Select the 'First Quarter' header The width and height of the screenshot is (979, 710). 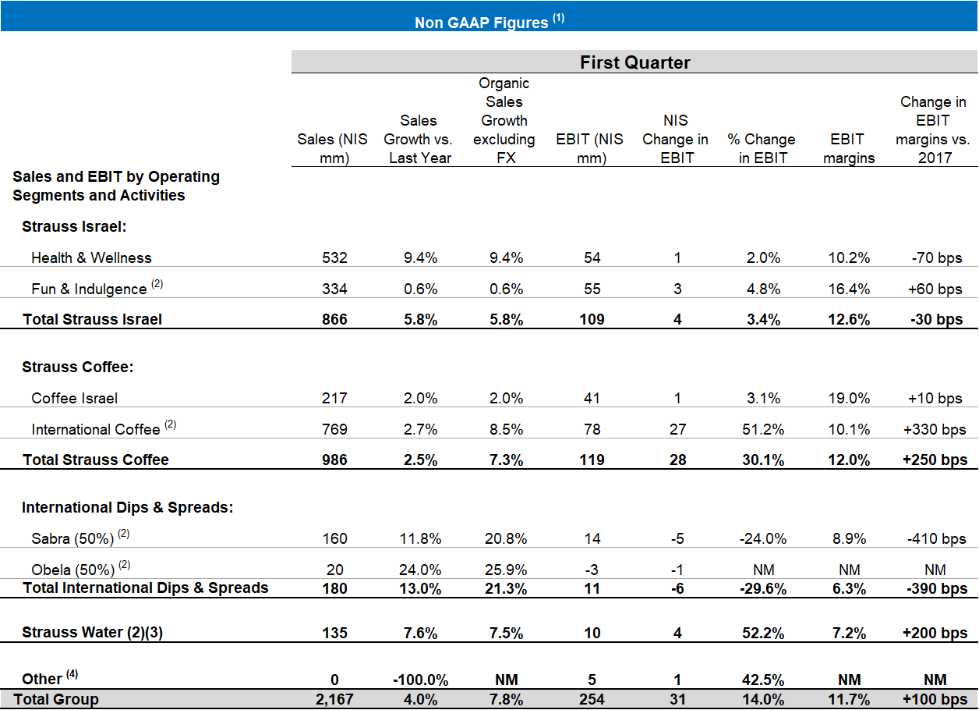point(634,62)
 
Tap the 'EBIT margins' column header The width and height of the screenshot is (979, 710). point(848,148)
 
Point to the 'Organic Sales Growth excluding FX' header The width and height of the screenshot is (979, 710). point(504,121)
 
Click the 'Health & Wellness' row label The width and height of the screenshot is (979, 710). point(91,257)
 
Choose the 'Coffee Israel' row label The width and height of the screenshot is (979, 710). point(74,398)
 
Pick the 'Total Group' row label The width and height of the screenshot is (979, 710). point(56,699)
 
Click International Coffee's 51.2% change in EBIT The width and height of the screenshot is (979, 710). point(762,429)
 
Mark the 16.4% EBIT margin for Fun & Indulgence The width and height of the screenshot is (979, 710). point(849,289)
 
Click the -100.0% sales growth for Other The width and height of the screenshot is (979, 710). point(419,679)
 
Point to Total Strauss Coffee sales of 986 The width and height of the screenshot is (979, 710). point(334,460)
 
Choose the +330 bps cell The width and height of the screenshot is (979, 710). point(934,429)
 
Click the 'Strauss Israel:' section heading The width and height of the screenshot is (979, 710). point(74,226)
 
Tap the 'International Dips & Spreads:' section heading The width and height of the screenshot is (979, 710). point(127,507)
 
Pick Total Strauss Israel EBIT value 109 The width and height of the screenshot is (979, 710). point(592,319)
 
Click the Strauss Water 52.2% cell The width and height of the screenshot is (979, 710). point(762,632)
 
